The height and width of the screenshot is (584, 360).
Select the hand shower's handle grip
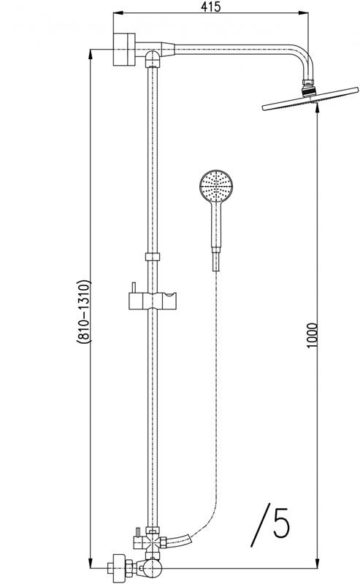click(x=214, y=226)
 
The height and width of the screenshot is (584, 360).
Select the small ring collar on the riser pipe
click(x=152, y=256)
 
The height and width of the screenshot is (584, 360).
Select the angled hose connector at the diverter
click(x=181, y=541)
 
